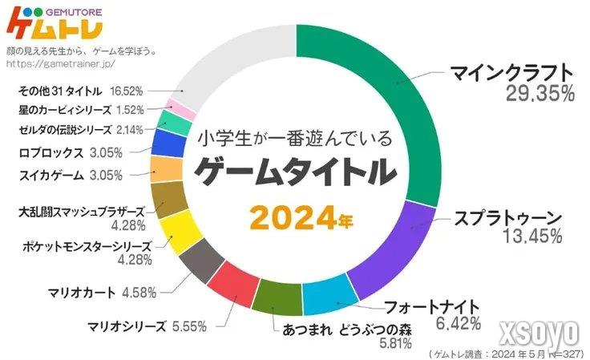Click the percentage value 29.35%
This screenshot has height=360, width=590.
tap(539, 94)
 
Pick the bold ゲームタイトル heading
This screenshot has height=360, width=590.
tap(295, 172)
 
